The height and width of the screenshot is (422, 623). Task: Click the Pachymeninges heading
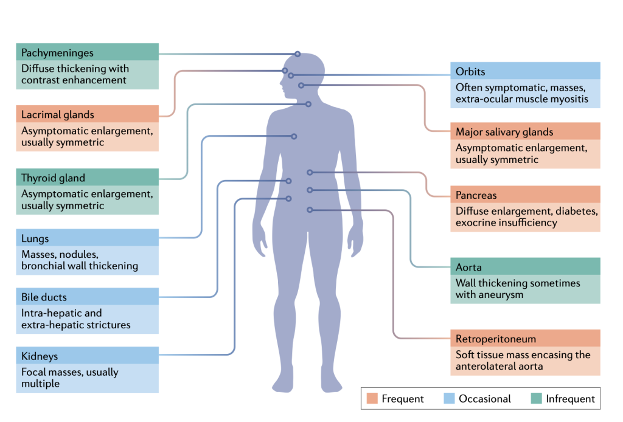[x=57, y=53]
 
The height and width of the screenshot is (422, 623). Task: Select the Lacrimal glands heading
[x=58, y=114]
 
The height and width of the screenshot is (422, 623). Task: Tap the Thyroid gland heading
[x=54, y=178]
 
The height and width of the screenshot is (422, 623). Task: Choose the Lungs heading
[x=35, y=238]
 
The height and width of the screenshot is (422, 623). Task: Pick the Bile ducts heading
[x=44, y=297]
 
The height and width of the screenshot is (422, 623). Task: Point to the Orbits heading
[x=470, y=72]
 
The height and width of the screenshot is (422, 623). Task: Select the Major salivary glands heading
[x=504, y=131]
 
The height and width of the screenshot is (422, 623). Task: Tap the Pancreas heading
[x=476, y=195]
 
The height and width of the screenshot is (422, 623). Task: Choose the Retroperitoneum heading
[x=496, y=339]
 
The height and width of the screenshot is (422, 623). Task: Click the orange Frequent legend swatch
[x=372, y=399]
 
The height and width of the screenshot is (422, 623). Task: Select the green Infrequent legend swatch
[x=535, y=399]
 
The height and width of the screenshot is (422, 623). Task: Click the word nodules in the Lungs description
[x=78, y=254]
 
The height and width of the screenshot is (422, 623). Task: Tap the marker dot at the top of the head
[x=298, y=54]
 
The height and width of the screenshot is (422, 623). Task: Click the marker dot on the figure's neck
[x=308, y=104]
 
